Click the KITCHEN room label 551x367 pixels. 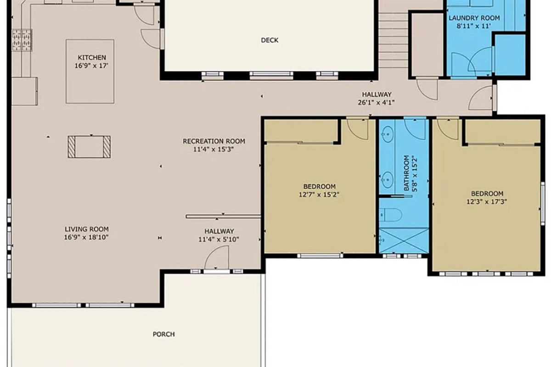click(92, 58)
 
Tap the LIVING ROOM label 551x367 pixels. click(86, 229)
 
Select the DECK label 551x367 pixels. click(270, 40)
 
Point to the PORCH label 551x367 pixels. click(163, 334)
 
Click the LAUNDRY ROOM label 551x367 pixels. click(474, 18)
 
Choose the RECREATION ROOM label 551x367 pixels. click(214, 141)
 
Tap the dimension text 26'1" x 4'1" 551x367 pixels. click(376, 102)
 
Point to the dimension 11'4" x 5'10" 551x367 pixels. click(219, 239)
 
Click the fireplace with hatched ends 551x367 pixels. click(89, 147)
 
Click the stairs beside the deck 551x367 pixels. click(393, 41)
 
